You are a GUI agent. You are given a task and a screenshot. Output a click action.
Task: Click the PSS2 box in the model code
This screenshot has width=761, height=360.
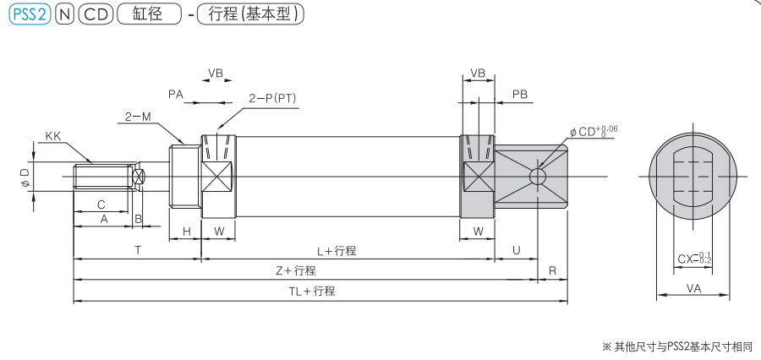coord(28,16)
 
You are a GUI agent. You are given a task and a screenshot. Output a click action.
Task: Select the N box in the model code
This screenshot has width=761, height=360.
coord(63,16)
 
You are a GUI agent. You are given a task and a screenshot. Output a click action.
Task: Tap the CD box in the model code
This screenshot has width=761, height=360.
coord(95,16)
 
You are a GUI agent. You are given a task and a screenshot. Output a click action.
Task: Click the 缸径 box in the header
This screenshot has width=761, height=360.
coord(150,16)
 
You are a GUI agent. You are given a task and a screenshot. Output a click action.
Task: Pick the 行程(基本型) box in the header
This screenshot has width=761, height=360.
coord(250,16)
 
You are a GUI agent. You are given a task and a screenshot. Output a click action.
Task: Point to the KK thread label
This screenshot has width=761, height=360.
coord(52,135)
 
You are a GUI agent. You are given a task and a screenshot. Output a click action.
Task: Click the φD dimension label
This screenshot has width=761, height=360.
coord(25,177)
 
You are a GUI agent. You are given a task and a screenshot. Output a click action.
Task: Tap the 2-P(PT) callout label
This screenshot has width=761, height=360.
coord(273,98)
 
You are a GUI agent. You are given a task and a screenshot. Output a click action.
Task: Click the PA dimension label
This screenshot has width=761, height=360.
coord(176,95)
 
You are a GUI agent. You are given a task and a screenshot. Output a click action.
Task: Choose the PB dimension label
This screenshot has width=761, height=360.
coord(520,95)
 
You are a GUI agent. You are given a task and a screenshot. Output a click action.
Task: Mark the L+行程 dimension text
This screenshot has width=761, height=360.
coord(336,251)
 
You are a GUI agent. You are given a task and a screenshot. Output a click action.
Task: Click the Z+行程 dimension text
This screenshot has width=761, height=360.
coord(296,270)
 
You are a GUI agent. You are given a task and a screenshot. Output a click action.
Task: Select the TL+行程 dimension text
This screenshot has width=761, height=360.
coord(312,291)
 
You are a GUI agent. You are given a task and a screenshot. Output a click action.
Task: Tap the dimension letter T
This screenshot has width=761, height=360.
coord(137,250)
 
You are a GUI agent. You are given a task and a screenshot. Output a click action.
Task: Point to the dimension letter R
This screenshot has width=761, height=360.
coord(552,270)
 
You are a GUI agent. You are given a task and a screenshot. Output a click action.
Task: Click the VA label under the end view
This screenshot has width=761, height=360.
coord(693,288)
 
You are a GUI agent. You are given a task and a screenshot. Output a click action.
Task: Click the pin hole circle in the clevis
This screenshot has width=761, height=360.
coord(537,177)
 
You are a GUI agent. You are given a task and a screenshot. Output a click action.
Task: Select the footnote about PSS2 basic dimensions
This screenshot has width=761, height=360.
coord(676,346)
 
